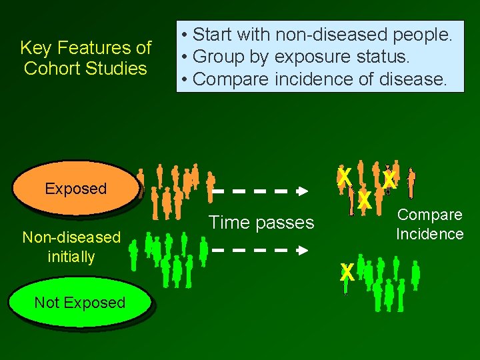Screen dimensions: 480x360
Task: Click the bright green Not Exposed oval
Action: point(79,303)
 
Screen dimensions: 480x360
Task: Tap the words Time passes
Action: point(261,223)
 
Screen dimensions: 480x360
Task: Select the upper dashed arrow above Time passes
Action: point(260,191)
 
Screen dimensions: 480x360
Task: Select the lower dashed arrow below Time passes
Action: point(260,251)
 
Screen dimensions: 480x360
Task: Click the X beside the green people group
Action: point(347,271)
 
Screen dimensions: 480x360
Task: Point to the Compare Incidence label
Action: point(429,224)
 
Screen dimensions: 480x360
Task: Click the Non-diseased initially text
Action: point(71,247)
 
